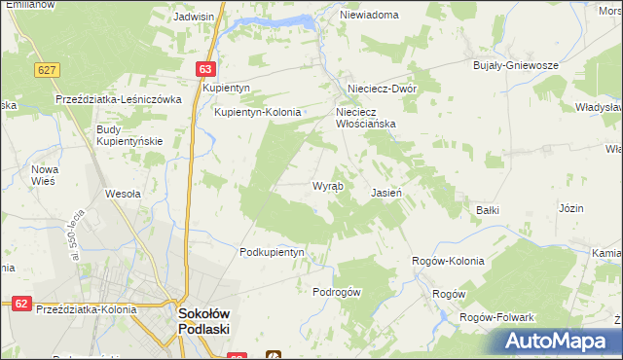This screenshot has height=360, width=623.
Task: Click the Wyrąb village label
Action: [x=326, y=186]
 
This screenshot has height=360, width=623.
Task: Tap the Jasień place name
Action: [x=386, y=193]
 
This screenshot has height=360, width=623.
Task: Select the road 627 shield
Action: [x=46, y=70]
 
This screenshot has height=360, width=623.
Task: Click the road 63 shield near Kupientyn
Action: [x=204, y=69]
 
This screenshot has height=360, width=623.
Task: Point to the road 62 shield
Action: [x=20, y=304]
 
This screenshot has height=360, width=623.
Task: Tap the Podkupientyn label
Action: [x=273, y=252]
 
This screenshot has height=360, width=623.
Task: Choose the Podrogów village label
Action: [x=337, y=293]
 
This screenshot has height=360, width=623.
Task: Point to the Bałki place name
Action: [x=487, y=209]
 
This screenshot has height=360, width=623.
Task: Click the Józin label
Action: [x=570, y=208]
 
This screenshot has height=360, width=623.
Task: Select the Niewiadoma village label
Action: [x=370, y=16]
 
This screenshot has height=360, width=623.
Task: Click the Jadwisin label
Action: [x=193, y=17]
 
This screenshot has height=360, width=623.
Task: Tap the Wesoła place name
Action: [x=124, y=193]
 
